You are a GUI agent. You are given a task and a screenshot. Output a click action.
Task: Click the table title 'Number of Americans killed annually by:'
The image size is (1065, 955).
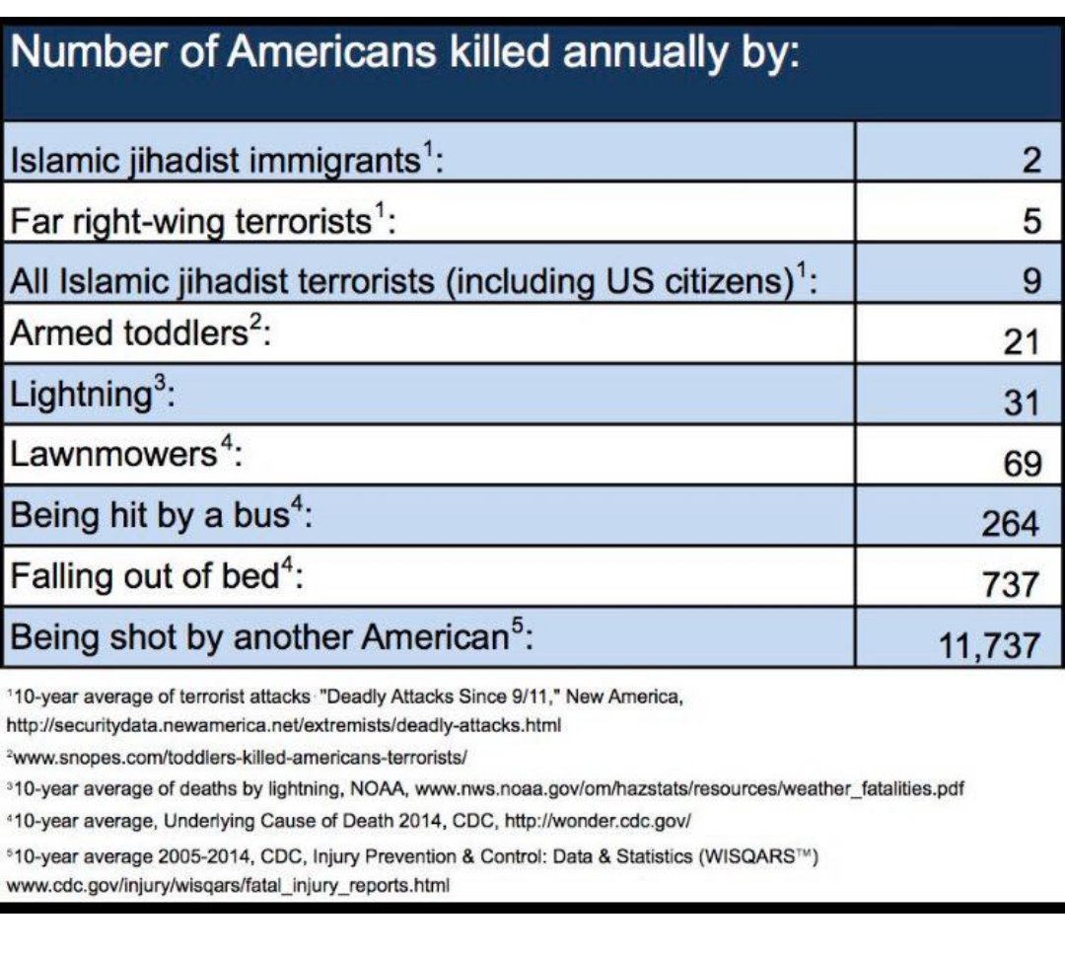pyautogui.click(x=403, y=52)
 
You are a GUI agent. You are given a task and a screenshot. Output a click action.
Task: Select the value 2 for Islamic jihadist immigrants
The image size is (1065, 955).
pyautogui.click(x=1030, y=159)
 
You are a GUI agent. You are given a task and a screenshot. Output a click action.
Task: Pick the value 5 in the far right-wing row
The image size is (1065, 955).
pyautogui.click(x=1030, y=219)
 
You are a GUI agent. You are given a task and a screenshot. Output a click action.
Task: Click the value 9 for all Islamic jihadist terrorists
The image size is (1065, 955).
pyautogui.click(x=1030, y=280)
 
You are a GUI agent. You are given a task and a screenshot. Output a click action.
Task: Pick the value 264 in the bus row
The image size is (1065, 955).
pyautogui.click(x=1010, y=523)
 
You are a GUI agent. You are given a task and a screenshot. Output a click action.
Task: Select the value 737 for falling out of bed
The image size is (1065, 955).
pyautogui.click(x=1010, y=583)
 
